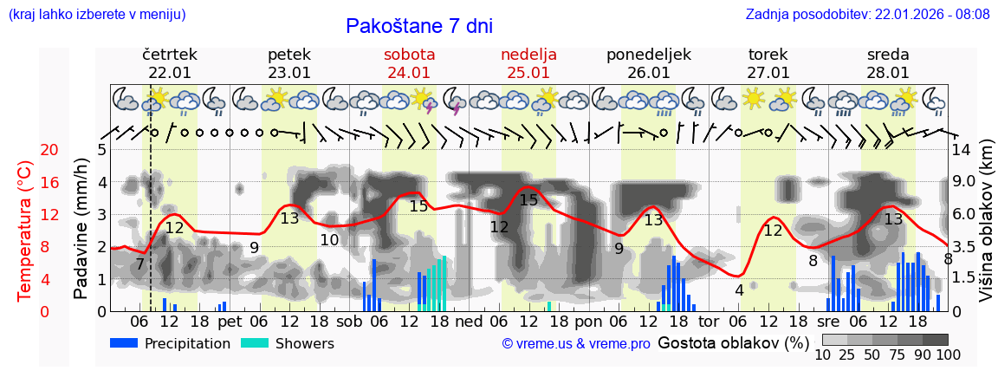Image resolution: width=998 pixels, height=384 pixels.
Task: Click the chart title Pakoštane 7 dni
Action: pyautogui.click(x=418, y=26)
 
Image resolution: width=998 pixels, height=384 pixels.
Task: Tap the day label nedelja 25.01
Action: pyautogui.click(x=528, y=63)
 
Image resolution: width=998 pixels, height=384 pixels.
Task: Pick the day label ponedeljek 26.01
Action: pyautogui.click(x=649, y=63)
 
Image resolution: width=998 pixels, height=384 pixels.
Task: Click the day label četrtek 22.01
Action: pyautogui.click(x=170, y=63)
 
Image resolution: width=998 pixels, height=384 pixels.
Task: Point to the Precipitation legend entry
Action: pyautogui.click(x=171, y=343)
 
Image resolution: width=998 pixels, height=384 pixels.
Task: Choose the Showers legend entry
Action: pyautogui.click(x=287, y=343)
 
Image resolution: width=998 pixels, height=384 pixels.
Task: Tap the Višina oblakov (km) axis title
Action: pyautogui.click(x=986, y=231)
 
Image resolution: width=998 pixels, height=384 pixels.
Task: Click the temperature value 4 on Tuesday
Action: pyautogui.click(x=739, y=290)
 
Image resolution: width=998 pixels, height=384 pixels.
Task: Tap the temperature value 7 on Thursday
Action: pyautogui.click(x=139, y=264)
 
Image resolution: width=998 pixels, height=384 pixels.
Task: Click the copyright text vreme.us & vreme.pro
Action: pyautogui.click(x=575, y=344)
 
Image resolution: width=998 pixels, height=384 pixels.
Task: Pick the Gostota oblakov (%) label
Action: pyautogui.click(x=733, y=342)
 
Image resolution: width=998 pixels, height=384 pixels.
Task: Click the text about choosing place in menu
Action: pyautogui.click(x=96, y=14)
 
